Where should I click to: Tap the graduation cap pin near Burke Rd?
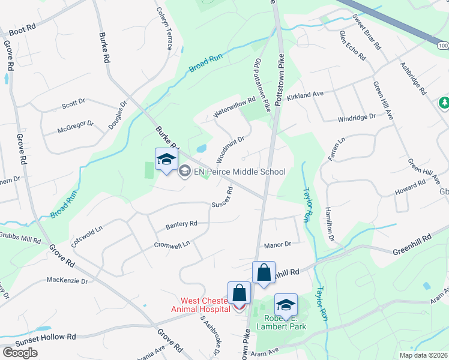(166, 160)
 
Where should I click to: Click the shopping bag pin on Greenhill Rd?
(264, 273)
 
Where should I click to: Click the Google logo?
(20, 353)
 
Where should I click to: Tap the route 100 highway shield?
(443, 46)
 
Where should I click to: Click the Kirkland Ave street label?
(304, 95)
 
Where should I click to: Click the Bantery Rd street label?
(181, 225)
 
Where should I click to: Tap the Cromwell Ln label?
(172, 244)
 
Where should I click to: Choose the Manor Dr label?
(277, 245)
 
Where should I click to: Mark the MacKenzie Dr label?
(67, 280)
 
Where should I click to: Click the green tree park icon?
(444, 103)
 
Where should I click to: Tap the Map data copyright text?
(423, 355)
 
